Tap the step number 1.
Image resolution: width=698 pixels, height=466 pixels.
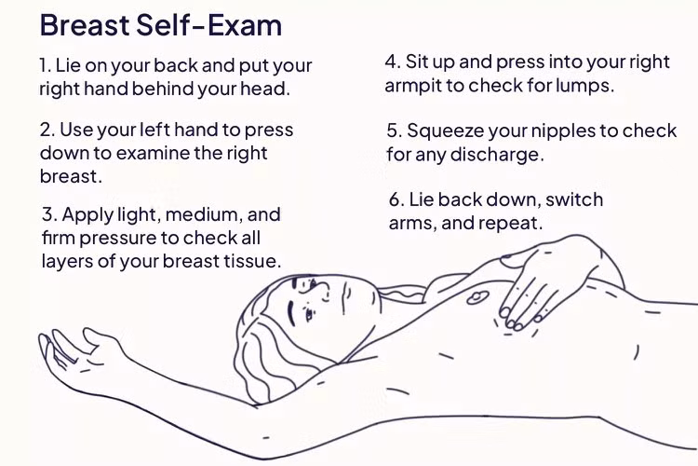[x=45, y=67]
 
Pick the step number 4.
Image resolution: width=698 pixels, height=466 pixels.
[x=392, y=62]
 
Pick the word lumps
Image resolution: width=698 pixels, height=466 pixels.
[x=586, y=86]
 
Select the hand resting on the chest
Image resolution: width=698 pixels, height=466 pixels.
[x=549, y=284]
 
